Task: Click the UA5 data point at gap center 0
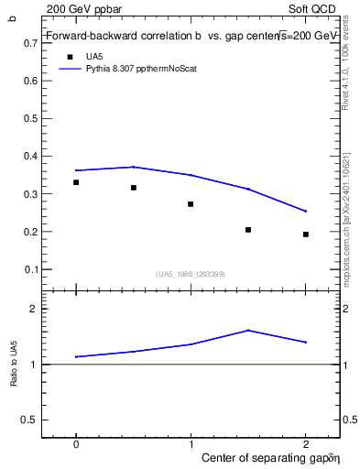[76, 182]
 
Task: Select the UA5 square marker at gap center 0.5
[134, 188]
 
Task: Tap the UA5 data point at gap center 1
[191, 204]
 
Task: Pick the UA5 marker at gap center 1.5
[248, 230]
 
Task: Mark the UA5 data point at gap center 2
[306, 234]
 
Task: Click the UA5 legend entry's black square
[69, 57]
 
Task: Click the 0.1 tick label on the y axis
[31, 269]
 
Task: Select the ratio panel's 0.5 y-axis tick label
[31, 420]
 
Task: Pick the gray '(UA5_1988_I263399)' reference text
[191, 274]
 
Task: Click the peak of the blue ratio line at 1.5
[248, 330]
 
